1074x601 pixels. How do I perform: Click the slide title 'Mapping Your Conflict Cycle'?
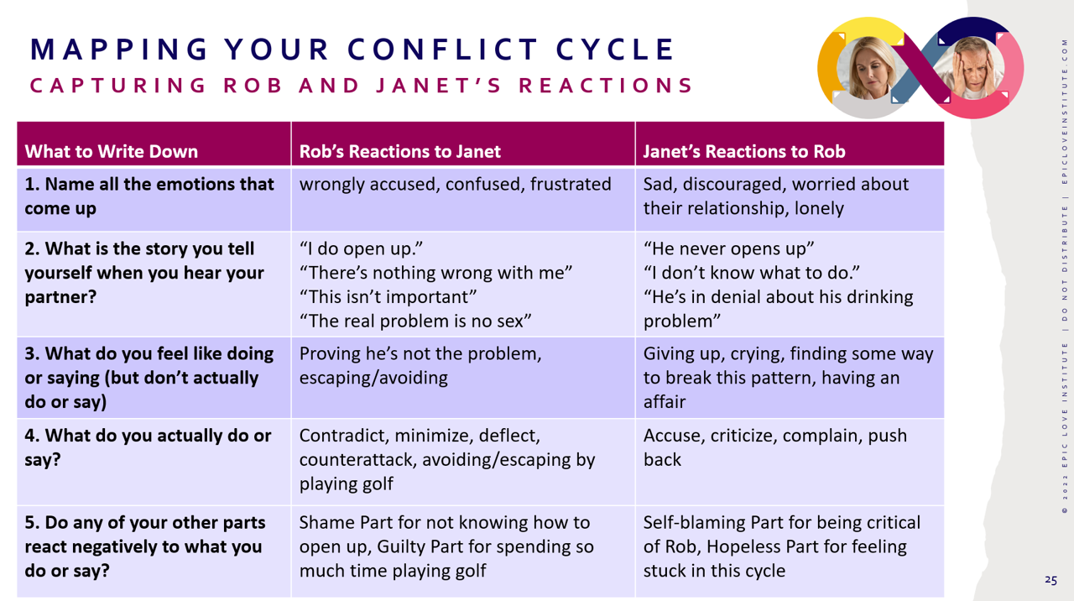(352, 50)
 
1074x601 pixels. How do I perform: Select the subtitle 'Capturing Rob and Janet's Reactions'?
(362, 86)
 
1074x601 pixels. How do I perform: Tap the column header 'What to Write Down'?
(112, 152)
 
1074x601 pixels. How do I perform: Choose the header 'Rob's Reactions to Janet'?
(399, 152)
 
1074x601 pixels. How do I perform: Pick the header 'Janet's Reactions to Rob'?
(743, 152)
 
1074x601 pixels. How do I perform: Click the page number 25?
(1051, 580)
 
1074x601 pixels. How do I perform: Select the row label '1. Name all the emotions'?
(149, 196)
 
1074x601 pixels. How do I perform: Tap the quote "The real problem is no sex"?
(415, 321)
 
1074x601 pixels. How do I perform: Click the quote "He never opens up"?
(729, 250)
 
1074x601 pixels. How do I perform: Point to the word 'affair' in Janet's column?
(665, 401)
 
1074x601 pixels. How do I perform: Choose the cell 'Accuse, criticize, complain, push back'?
(774, 447)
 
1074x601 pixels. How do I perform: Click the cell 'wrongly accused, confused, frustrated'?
(455, 184)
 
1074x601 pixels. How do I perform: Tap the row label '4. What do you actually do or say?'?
(148, 447)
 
